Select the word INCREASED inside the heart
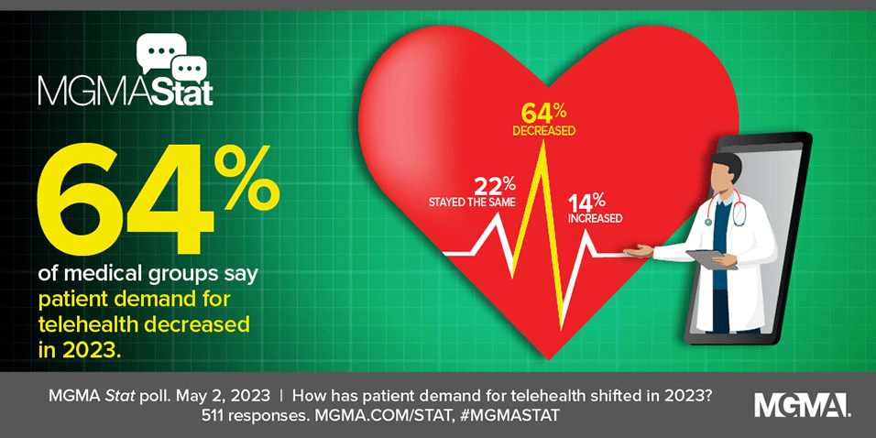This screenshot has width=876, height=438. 595,218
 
